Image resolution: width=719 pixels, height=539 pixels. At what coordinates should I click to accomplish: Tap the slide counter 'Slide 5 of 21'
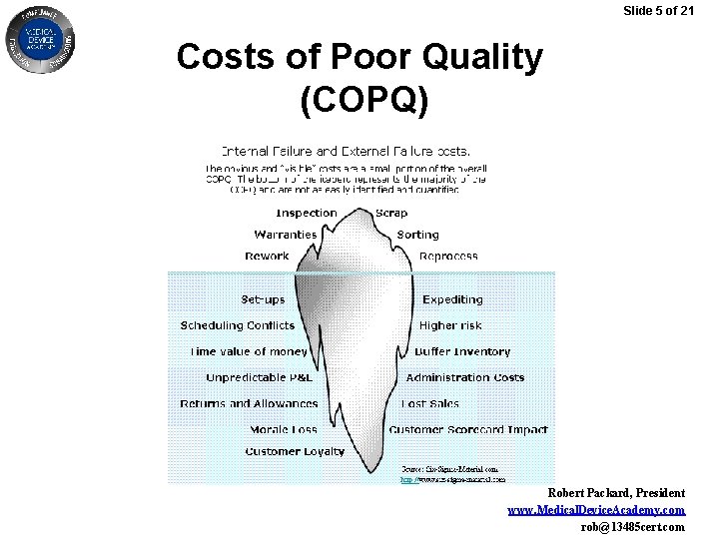pos(664,11)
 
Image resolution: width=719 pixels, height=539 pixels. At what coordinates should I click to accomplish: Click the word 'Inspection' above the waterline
pos(306,213)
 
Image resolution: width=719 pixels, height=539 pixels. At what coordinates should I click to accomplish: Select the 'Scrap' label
pos(391,213)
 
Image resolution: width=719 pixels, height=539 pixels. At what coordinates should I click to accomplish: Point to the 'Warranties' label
pos(286,235)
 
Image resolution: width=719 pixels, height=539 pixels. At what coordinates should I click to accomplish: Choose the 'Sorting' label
pos(417,235)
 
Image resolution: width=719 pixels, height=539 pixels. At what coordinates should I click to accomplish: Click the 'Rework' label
pos(267,257)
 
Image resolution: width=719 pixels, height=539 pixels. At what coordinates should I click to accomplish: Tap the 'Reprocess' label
pos(448,257)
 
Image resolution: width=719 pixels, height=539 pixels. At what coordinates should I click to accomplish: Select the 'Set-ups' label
pos(263,299)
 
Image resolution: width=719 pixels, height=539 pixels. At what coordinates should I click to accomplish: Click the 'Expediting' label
pos(452,299)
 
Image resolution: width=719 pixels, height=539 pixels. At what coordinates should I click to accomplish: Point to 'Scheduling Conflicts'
pos(238,325)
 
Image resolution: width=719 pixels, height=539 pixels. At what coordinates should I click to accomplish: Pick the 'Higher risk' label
pos(450,325)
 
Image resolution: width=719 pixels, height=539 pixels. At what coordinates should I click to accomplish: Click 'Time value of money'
pos(249,351)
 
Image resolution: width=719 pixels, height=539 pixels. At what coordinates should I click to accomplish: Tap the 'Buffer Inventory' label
pos(462,351)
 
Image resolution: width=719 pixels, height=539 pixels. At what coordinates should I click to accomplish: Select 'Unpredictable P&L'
pos(260,377)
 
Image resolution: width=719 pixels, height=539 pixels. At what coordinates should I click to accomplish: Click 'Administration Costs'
pos(465,377)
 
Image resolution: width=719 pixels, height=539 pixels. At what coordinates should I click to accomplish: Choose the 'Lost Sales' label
pos(430,403)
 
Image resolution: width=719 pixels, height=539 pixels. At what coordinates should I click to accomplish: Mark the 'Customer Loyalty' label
pos(295,451)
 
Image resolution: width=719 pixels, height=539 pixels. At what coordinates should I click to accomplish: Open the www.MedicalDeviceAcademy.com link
pos(596,510)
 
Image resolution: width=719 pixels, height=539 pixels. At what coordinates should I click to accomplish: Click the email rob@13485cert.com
pos(633,526)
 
